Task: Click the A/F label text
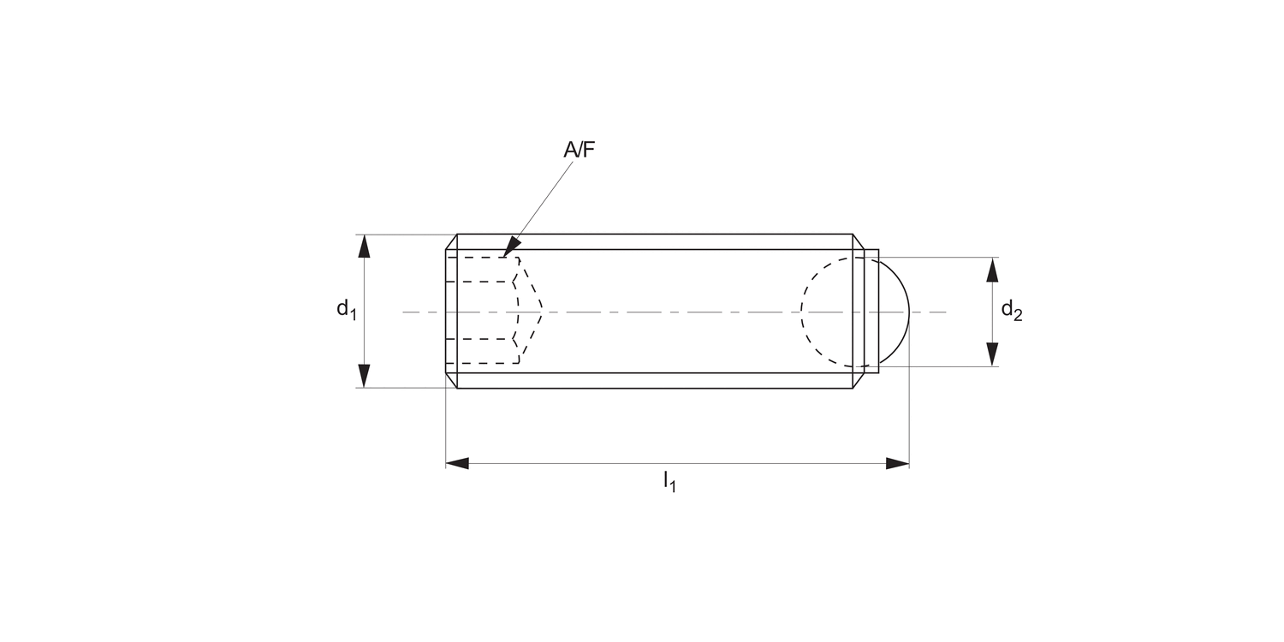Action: (x=578, y=150)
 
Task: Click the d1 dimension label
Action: (x=346, y=309)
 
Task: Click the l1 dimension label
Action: (x=669, y=483)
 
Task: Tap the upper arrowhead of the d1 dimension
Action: (x=365, y=246)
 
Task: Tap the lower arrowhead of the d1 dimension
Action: (x=365, y=376)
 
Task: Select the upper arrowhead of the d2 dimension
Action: (x=992, y=270)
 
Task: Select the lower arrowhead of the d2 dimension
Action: (x=992, y=354)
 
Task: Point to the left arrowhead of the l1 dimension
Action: (x=457, y=463)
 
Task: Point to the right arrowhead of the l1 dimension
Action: (x=897, y=463)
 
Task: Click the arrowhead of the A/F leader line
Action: (x=510, y=249)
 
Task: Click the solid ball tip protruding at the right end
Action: (x=894, y=312)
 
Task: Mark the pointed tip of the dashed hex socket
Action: (x=542, y=312)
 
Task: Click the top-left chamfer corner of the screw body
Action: (x=451, y=241)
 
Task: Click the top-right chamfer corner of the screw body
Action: (x=857, y=241)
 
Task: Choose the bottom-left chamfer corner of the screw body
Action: (x=451, y=381)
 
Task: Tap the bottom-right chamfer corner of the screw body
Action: (x=857, y=381)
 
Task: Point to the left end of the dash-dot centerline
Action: (x=404, y=312)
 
